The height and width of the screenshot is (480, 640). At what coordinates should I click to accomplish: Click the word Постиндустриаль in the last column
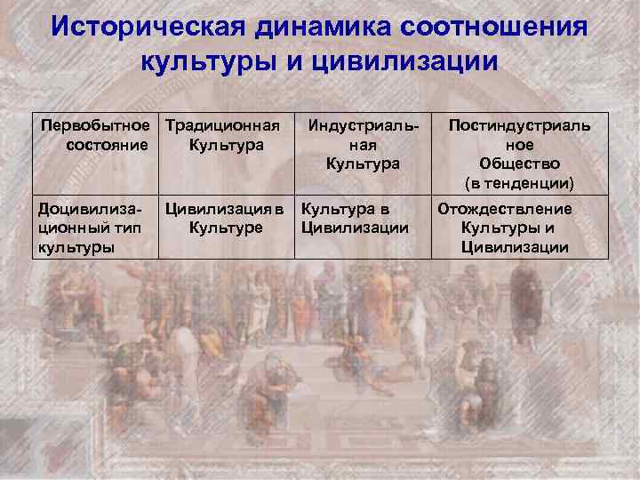[519, 124]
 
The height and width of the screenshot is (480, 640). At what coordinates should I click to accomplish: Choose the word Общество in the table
[519, 164]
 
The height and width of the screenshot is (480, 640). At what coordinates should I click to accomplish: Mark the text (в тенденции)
[519, 183]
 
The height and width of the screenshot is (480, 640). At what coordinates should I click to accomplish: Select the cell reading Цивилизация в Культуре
[226, 219]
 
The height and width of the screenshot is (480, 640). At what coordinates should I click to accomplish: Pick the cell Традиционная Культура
[226, 134]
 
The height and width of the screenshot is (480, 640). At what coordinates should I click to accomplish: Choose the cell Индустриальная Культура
[363, 144]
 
